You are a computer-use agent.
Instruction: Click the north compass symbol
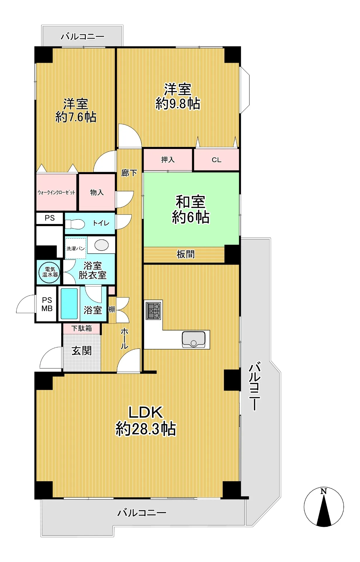point(324,507)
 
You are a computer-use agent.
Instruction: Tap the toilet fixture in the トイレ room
point(75,224)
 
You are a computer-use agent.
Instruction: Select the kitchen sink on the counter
point(193,339)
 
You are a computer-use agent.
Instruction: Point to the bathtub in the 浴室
point(69,304)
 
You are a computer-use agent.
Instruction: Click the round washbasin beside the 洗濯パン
point(101,245)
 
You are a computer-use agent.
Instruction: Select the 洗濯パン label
point(76,249)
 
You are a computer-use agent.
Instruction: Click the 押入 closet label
point(168,160)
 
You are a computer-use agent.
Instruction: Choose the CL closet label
point(216,160)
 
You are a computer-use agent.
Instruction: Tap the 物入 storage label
point(97,192)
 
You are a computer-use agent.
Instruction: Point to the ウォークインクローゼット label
point(56,192)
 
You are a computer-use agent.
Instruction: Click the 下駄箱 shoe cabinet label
point(82,328)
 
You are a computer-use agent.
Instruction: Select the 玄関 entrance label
point(82,351)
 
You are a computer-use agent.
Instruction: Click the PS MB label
point(47,304)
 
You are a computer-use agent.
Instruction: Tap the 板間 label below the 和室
point(186,254)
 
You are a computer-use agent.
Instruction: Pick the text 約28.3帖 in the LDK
point(146,429)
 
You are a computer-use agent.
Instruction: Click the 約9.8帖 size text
point(178,103)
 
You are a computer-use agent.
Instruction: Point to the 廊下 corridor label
point(129,173)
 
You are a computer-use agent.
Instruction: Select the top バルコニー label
point(83,37)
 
